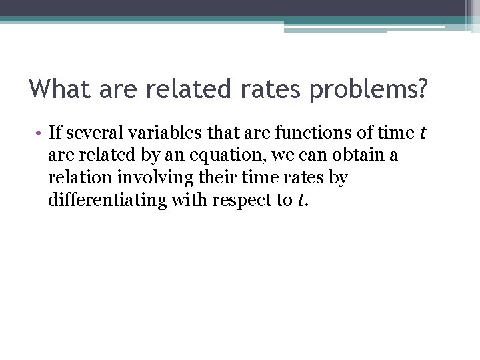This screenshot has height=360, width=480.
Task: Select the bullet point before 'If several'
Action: coord(41,133)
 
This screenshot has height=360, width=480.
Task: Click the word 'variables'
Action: coord(154,133)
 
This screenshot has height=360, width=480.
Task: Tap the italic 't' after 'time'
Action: coord(421,133)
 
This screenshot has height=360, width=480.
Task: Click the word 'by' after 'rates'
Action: coord(338,178)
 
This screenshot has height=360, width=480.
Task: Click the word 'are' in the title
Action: coord(118,89)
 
